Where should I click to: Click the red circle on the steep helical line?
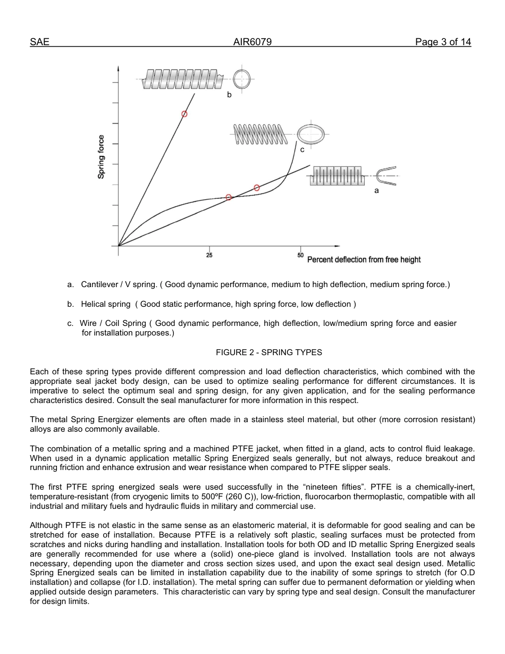click(x=184, y=114)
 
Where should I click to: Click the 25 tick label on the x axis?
click(x=209, y=256)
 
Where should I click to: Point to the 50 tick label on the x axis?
click(x=301, y=256)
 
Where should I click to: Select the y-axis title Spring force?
click(x=101, y=157)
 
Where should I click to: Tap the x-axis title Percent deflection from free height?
click(x=364, y=259)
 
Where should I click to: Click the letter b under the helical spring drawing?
click(x=229, y=95)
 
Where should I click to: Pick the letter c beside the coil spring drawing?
click(x=302, y=150)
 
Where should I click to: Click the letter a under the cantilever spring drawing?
click(x=376, y=190)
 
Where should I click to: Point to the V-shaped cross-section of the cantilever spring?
click(x=386, y=176)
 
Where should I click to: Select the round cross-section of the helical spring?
click(x=242, y=79)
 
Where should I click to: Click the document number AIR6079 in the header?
click(x=252, y=43)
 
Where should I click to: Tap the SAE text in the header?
click(x=39, y=43)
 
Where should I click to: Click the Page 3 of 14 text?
click(x=443, y=43)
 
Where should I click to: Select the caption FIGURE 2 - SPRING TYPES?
click(x=268, y=352)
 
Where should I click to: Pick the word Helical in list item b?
click(x=95, y=304)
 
